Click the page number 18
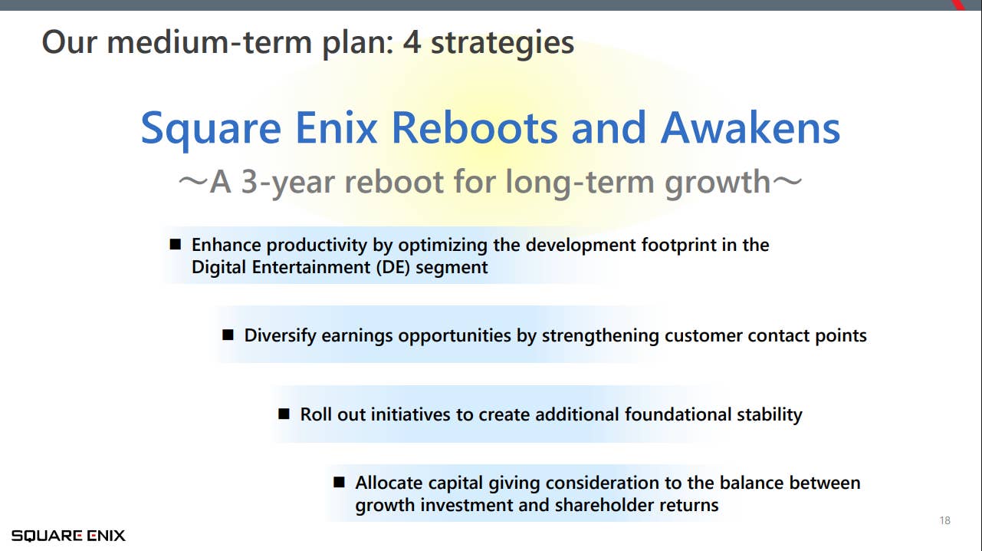(x=944, y=521)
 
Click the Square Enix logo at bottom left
(x=68, y=536)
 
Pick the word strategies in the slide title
(x=502, y=42)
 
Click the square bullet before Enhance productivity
(x=176, y=245)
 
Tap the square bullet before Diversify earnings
(x=228, y=335)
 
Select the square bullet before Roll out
(x=284, y=414)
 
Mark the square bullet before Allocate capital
(x=339, y=483)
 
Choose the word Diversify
(x=281, y=335)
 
